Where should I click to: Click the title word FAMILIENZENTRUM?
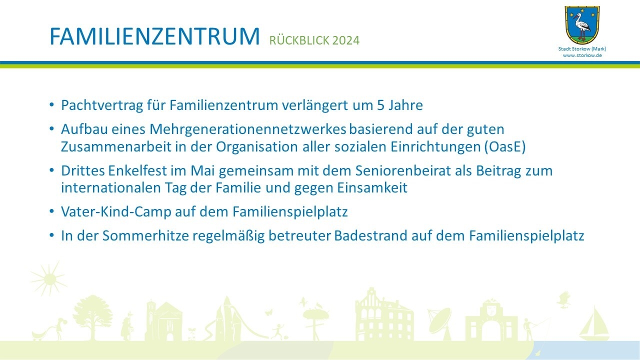tap(154, 36)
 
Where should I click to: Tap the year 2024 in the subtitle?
tap(345, 40)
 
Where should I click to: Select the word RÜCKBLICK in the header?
tap(299, 40)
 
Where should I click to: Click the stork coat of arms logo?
tap(582, 25)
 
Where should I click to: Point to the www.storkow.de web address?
tap(582, 55)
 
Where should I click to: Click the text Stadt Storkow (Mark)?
tap(582, 49)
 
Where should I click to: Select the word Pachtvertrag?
tap(102, 105)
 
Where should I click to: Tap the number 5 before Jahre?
tap(380, 105)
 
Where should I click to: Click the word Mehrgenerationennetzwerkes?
tap(247, 129)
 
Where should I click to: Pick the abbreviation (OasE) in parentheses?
tap(505, 147)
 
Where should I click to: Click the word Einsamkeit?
tap(372, 188)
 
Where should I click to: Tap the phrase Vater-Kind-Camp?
tap(116, 212)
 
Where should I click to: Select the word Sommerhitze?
tap(145, 235)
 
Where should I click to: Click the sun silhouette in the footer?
tap(48, 278)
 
